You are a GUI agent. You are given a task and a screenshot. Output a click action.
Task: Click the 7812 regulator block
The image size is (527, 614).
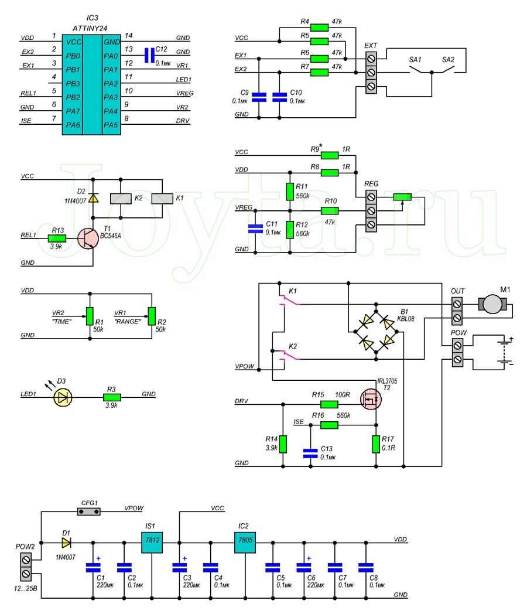click(x=152, y=543)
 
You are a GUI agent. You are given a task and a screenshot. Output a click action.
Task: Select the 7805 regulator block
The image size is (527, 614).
click(x=245, y=543)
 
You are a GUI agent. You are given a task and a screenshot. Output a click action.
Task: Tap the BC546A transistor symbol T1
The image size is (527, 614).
click(x=88, y=238)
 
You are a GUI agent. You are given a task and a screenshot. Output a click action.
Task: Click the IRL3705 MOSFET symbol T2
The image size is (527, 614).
click(x=371, y=399)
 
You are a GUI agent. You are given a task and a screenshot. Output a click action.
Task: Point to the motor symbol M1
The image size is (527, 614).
click(x=492, y=304)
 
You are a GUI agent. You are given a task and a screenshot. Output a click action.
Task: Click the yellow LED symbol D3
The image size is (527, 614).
click(x=63, y=397)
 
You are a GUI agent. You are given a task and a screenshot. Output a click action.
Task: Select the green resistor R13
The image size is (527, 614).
click(x=57, y=238)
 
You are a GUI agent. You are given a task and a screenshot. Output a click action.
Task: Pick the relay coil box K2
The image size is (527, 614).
click(x=121, y=199)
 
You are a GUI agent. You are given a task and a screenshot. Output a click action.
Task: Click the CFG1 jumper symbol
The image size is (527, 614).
click(x=89, y=511)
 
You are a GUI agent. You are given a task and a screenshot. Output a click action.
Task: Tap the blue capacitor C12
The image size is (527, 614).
click(x=149, y=56)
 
